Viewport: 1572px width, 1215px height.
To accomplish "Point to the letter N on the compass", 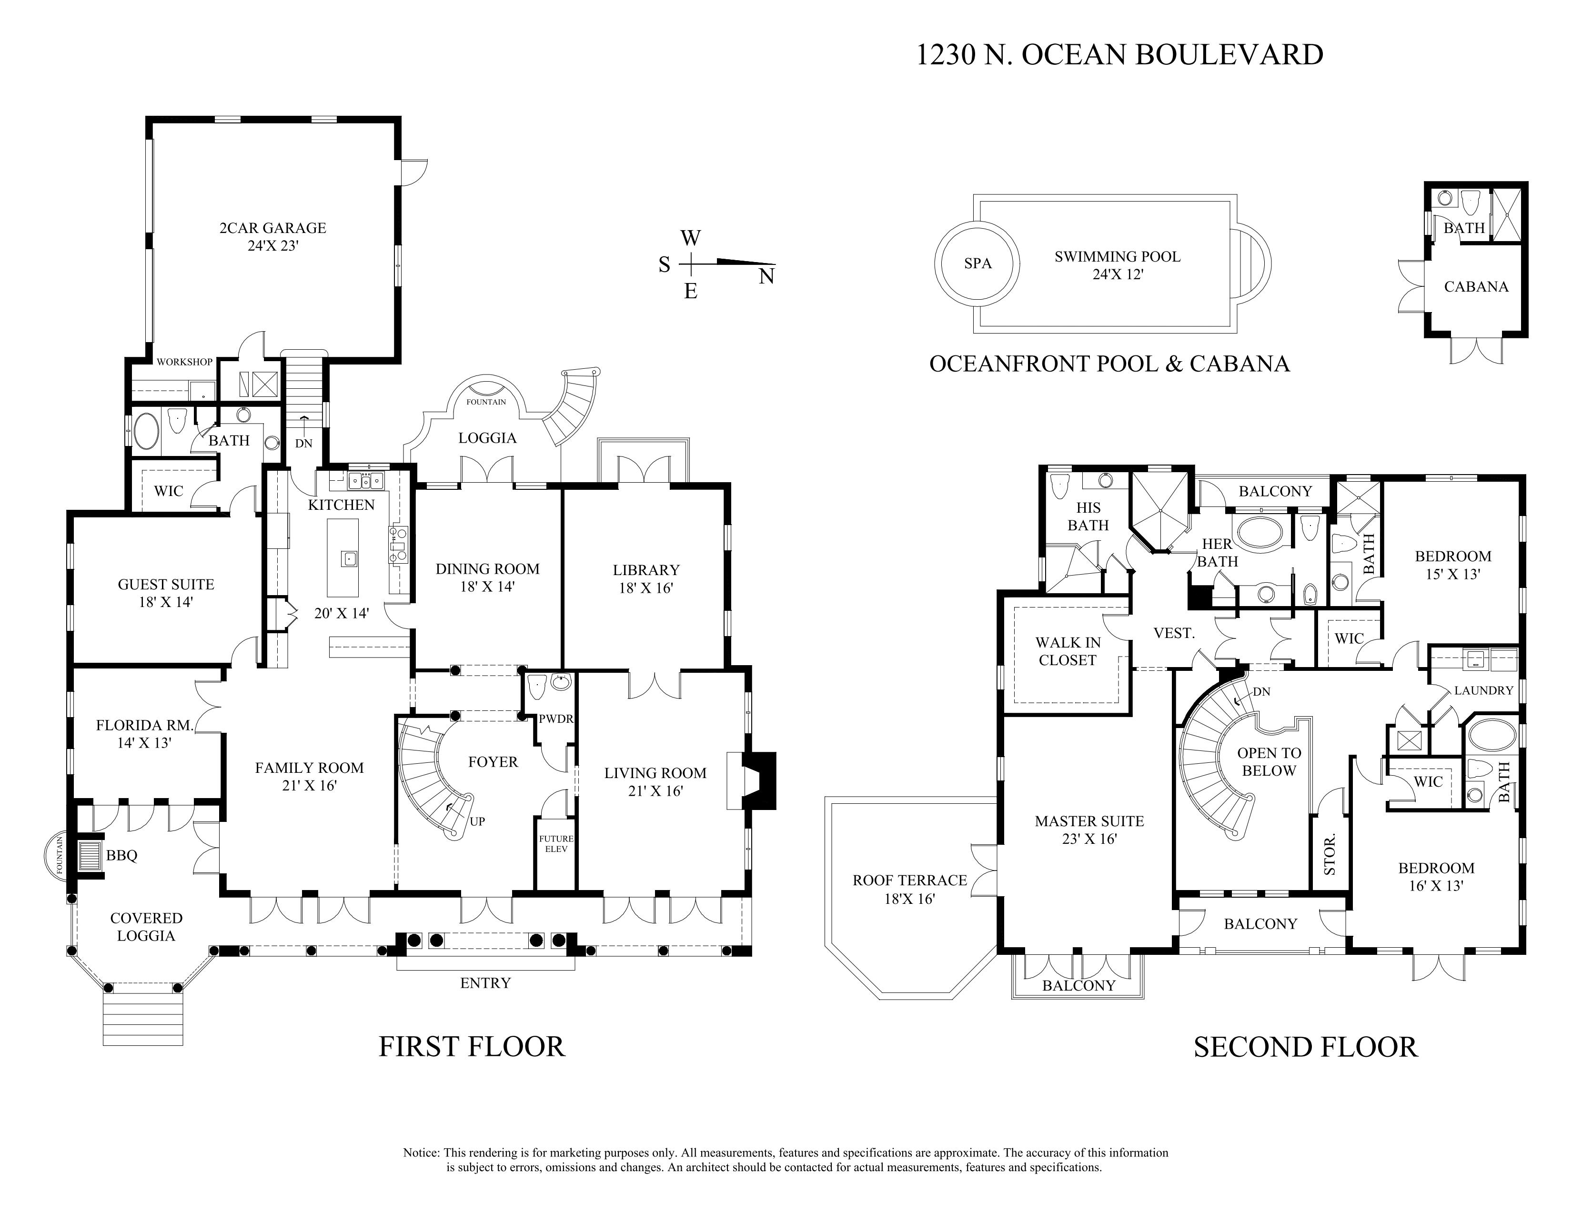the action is (x=766, y=276).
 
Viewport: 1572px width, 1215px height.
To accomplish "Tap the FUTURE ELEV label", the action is (x=556, y=843).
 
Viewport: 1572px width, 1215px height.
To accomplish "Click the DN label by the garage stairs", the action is (x=304, y=444).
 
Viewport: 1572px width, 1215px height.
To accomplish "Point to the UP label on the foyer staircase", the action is (x=477, y=821).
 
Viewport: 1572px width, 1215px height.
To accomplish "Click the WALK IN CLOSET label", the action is (x=1068, y=651).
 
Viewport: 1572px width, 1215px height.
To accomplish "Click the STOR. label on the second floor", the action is (x=1330, y=854).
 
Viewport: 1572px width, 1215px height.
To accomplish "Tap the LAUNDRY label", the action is (x=1483, y=690).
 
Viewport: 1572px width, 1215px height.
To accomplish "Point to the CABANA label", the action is (x=1476, y=286).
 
